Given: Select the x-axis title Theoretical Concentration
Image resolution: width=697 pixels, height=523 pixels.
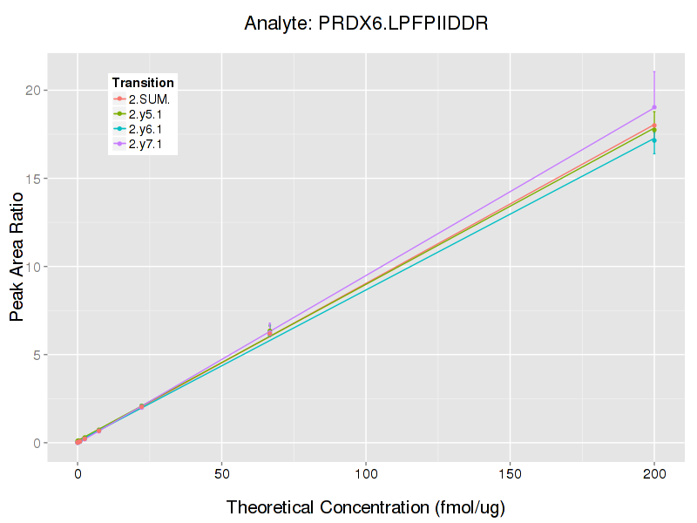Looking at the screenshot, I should tap(366, 506).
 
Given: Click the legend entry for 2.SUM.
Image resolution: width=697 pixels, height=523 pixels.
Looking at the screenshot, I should tap(149, 98).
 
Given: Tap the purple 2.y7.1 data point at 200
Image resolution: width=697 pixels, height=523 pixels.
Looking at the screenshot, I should tap(654, 107).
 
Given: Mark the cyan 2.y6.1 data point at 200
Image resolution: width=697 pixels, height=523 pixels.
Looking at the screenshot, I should tap(654, 139).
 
